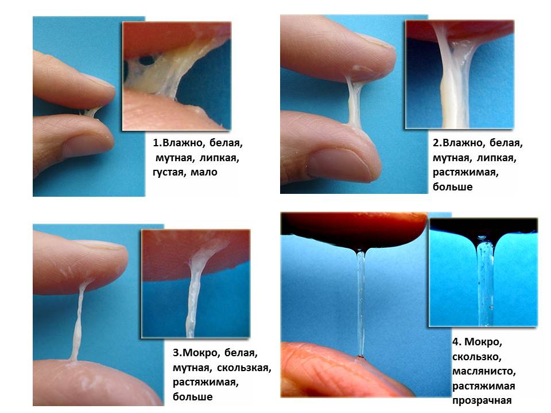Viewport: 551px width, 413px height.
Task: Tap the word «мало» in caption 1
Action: coord(204,172)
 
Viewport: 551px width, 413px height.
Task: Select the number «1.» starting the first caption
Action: coord(157,143)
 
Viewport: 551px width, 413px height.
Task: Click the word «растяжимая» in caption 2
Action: coord(465,173)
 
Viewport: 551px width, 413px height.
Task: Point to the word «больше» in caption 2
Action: coord(452,187)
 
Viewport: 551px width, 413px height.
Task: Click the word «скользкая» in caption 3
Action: coord(243,368)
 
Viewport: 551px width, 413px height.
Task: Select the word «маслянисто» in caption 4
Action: coord(484,371)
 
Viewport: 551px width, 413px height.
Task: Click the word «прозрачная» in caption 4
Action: coord(482,401)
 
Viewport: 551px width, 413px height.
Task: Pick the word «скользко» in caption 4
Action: coord(476,357)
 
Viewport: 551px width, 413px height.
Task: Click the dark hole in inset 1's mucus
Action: coord(148,60)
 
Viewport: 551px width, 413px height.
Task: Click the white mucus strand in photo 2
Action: coord(354,102)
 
